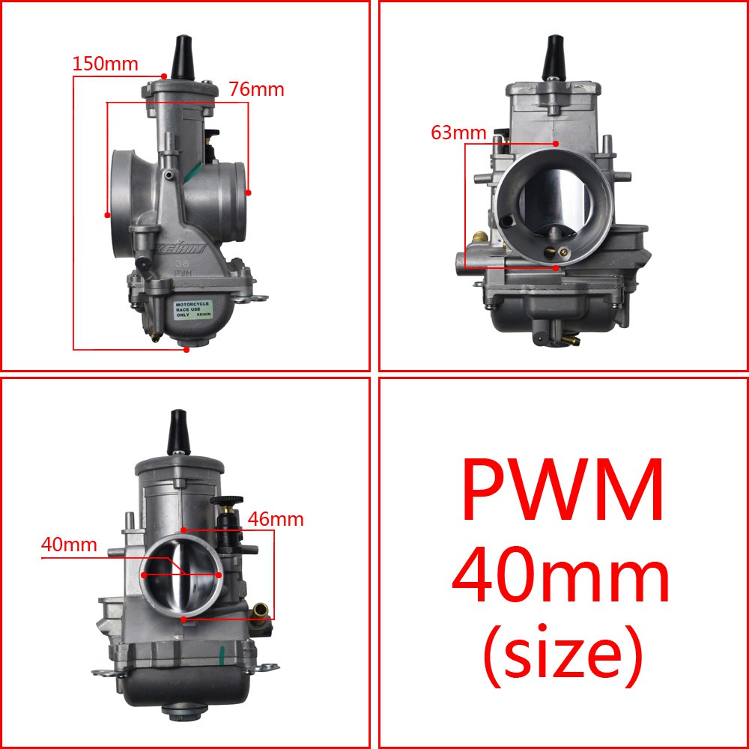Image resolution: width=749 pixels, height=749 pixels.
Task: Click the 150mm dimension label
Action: tap(105, 64)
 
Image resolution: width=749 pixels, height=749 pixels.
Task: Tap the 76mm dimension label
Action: tap(256, 89)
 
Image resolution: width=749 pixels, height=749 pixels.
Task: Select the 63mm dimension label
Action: tap(458, 133)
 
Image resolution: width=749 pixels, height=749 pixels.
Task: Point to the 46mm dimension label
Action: tap(276, 519)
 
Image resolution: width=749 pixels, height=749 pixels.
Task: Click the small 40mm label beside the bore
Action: tap(69, 545)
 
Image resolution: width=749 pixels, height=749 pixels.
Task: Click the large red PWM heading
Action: tap(562, 490)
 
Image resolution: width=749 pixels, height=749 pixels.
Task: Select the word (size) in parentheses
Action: tap(562, 655)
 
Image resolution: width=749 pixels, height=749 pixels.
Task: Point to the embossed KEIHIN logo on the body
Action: tap(181, 248)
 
